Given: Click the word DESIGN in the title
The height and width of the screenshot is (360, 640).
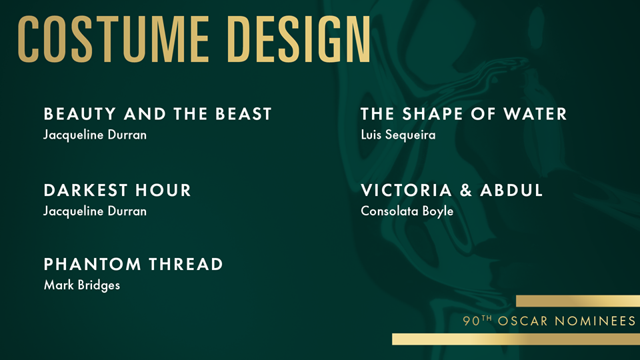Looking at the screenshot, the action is point(299,39).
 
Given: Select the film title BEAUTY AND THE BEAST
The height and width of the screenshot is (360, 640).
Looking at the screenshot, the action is point(157,114).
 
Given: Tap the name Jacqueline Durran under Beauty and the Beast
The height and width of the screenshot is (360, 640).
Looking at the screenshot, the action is point(95,135).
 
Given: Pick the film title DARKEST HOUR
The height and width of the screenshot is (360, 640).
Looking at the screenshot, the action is point(117,190).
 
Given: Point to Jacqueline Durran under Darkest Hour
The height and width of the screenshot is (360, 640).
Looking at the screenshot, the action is point(95,211).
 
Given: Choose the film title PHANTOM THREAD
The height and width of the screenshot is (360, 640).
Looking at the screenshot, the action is point(133,264).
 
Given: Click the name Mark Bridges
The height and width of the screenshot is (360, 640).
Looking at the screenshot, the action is point(82,285).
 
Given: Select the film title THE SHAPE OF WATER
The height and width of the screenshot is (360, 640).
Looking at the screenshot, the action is point(464,114).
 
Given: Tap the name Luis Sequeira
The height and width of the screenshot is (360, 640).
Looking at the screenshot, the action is point(399,135).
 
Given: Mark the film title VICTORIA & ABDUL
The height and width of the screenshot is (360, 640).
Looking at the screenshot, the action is point(452,190).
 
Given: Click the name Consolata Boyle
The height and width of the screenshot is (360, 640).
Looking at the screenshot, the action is point(407,211).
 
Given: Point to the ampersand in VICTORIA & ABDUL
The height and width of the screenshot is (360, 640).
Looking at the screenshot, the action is point(466,190).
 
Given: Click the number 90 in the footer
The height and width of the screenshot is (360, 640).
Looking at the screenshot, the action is point(471,321).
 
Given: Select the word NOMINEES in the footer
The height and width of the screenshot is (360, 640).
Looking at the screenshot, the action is point(595,321).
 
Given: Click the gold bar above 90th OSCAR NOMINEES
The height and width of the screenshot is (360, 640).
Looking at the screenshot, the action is point(578,301).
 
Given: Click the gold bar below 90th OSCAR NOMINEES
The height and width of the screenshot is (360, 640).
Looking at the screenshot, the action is point(516,339).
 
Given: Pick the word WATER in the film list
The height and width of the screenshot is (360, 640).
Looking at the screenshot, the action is point(535,114).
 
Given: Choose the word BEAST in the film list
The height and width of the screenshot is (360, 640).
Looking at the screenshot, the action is point(243,114).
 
